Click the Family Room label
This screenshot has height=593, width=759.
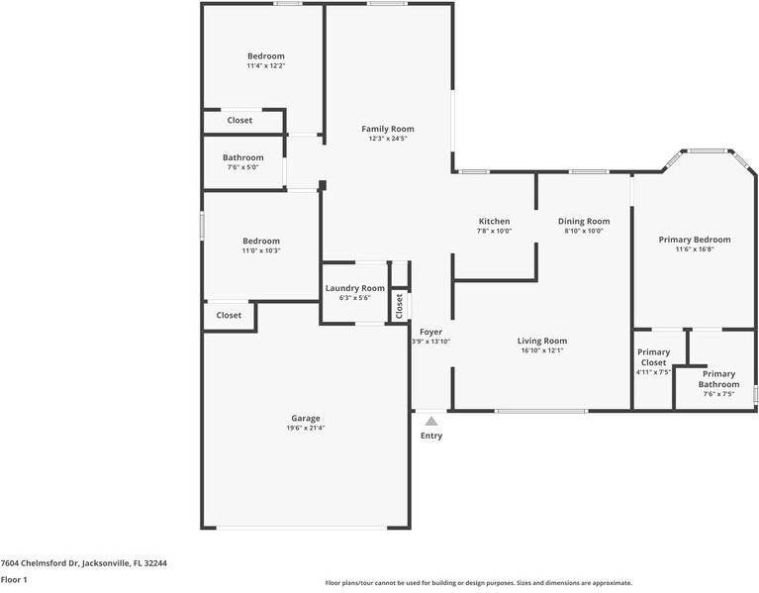pyautogui.click(x=388, y=129)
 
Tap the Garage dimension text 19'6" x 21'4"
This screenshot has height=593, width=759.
pyautogui.click(x=306, y=428)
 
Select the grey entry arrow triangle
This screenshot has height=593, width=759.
pyautogui.click(x=431, y=421)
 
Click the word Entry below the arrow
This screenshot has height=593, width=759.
pyautogui.click(x=431, y=436)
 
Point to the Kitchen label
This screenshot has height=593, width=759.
pyautogui.click(x=494, y=221)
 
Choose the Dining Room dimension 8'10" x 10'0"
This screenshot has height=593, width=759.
pyautogui.click(x=584, y=231)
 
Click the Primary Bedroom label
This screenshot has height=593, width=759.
pyautogui.click(x=695, y=240)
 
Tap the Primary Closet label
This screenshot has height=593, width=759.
pyautogui.click(x=653, y=357)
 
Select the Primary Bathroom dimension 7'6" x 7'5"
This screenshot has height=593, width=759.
pyautogui.click(x=718, y=394)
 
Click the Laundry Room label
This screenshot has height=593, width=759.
pyautogui.click(x=355, y=288)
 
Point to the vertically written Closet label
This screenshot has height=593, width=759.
pyautogui.click(x=400, y=306)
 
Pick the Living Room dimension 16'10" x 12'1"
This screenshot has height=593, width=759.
pyautogui.click(x=542, y=350)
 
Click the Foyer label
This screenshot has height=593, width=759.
pyautogui.click(x=430, y=332)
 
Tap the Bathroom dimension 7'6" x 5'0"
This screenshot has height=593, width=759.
pyautogui.click(x=243, y=167)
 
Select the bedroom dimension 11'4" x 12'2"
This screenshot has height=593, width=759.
pyautogui.click(x=266, y=66)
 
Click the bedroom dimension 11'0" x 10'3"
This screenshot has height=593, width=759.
pyautogui.click(x=261, y=250)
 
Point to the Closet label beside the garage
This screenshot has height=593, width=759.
pyautogui.click(x=229, y=315)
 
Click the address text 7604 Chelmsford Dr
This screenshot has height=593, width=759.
pyautogui.click(x=40, y=563)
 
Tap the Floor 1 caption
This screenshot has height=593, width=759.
pyautogui.click(x=14, y=579)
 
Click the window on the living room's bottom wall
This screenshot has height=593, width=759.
pyautogui.click(x=541, y=412)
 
